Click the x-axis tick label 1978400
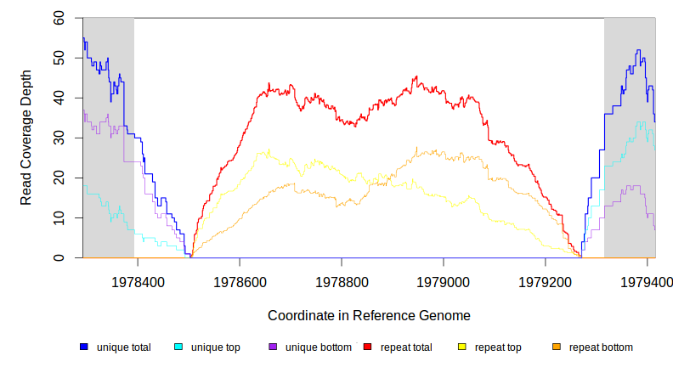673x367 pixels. pos(139,280)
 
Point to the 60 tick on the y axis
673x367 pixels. pos(59,18)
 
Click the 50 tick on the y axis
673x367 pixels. pos(59,58)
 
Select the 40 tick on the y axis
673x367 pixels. pos(59,98)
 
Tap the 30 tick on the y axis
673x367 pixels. pos(59,138)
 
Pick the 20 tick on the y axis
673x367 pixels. pos(59,178)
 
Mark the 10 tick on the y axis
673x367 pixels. pos(59,217)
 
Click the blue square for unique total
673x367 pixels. pos(84,347)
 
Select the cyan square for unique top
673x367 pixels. pos(178,347)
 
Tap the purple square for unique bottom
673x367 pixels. pos(273,347)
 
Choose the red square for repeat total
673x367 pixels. pos(367,347)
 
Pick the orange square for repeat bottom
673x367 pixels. pos(557,347)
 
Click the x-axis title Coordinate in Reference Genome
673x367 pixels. pos(369,315)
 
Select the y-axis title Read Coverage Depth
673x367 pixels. pos(26,138)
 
